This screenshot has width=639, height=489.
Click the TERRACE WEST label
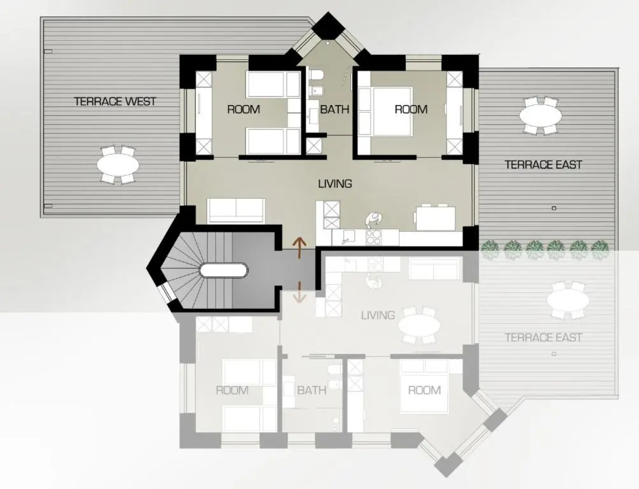(x=115, y=101)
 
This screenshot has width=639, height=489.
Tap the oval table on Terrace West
(x=118, y=165)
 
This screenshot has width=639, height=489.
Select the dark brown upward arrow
(x=300, y=248)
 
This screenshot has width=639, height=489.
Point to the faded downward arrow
(x=300, y=292)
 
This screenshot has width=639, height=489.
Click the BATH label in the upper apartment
(x=334, y=110)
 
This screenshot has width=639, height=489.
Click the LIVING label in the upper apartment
(x=335, y=184)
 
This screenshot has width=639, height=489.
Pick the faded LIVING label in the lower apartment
(x=378, y=316)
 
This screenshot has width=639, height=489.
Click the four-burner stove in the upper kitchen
(x=374, y=237)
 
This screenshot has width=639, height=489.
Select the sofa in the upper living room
(x=236, y=211)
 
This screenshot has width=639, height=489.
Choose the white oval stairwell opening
(x=224, y=270)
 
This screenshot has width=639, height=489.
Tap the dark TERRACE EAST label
(x=543, y=165)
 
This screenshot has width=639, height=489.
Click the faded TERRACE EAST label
(x=543, y=337)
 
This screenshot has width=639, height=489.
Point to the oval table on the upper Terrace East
(x=541, y=115)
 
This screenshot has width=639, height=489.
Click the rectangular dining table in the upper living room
(x=436, y=219)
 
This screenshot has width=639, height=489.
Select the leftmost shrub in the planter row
(x=489, y=250)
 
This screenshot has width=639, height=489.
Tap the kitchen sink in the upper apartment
(x=348, y=237)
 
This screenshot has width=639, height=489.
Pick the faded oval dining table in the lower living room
(x=419, y=326)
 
